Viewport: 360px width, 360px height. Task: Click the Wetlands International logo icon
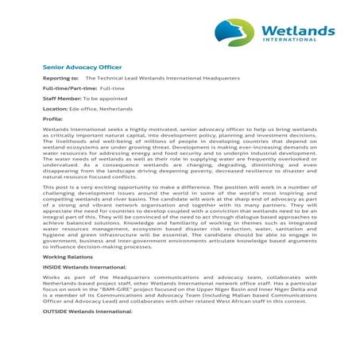pos(236,32)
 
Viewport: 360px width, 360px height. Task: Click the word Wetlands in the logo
pos(298,30)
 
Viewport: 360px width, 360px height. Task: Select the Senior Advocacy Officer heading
pos(82,68)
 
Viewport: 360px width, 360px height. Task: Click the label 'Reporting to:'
pos(60,79)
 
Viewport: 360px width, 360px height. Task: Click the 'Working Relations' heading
pos(68,257)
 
